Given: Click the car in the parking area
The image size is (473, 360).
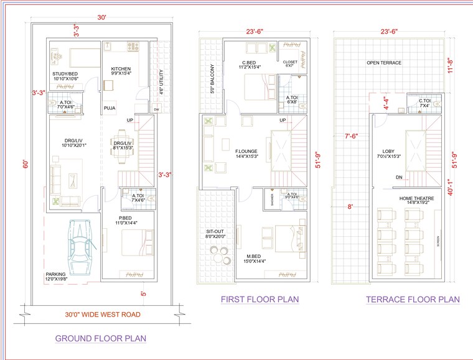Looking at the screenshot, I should (81, 247).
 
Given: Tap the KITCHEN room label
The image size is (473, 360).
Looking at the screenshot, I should (121, 68).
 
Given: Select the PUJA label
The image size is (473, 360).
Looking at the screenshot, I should (110, 108).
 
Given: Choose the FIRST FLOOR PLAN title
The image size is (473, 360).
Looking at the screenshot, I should (260, 300).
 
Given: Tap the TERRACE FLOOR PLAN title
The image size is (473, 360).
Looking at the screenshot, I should (413, 300).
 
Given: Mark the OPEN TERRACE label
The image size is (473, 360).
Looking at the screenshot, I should (384, 63).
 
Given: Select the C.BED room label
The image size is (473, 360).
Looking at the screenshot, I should (251, 62).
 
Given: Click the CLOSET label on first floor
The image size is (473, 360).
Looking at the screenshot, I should (290, 62).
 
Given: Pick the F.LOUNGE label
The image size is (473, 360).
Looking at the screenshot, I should (246, 150).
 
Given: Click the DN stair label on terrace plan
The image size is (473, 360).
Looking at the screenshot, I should (398, 177).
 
